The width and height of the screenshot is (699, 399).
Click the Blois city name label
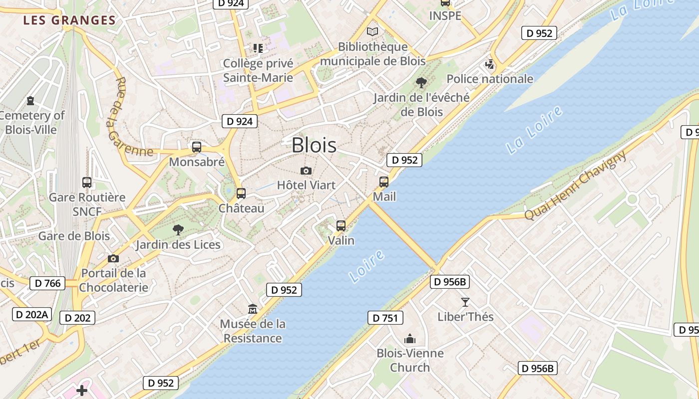click(x=314, y=145)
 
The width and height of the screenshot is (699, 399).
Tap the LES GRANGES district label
click(x=69, y=20)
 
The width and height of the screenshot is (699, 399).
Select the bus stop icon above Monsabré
click(x=197, y=147)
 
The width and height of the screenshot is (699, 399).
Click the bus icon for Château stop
click(x=241, y=193)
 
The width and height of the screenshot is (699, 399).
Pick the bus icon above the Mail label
click(x=384, y=182)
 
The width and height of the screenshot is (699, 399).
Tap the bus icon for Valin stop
click(x=341, y=226)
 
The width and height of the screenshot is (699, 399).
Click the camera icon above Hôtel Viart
click(x=306, y=171)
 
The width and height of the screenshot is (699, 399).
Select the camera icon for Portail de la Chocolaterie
click(x=113, y=258)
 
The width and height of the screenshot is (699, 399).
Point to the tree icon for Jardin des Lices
click(x=178, y=230)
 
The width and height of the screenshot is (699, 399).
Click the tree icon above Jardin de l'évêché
click(x=421, y=83)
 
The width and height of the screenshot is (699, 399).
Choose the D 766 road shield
click(x=48, y=284)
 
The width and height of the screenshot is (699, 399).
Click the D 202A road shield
click(x=31, y=314)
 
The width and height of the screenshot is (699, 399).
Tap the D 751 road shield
click(x=385, y=318)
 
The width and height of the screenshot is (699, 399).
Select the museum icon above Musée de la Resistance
click(x=253, y=309)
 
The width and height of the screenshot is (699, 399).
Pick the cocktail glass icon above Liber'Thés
click(x=465, y=302)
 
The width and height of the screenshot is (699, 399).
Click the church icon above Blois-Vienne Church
click(x=410, y=339)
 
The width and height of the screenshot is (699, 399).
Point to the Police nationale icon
click(x=490, y=64)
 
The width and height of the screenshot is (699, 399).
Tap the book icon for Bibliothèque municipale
click(x=372, y=32)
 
